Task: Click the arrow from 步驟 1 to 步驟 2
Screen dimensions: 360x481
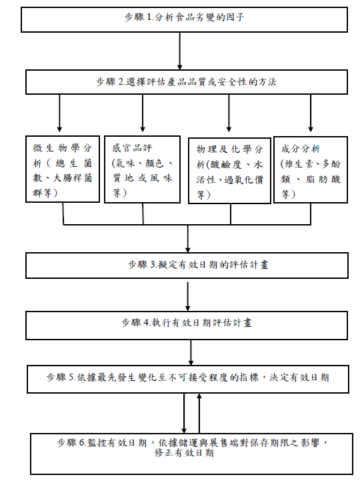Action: point(180,51)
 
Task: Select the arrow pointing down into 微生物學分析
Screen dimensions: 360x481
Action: point(59,113)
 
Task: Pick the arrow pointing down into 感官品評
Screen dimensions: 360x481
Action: point(143,113)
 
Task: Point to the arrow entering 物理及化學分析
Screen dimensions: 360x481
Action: point(229,113)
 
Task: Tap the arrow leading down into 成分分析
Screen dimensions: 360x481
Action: point(311,113)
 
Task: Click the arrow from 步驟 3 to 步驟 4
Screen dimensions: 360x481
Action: point(187,296)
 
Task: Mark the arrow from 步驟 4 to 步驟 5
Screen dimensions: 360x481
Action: point(191,352)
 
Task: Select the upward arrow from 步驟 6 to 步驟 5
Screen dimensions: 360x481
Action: point(199,413)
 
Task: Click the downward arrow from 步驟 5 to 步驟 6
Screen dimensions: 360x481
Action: point(184,413)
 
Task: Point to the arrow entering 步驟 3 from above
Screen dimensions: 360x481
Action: point(187,239)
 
